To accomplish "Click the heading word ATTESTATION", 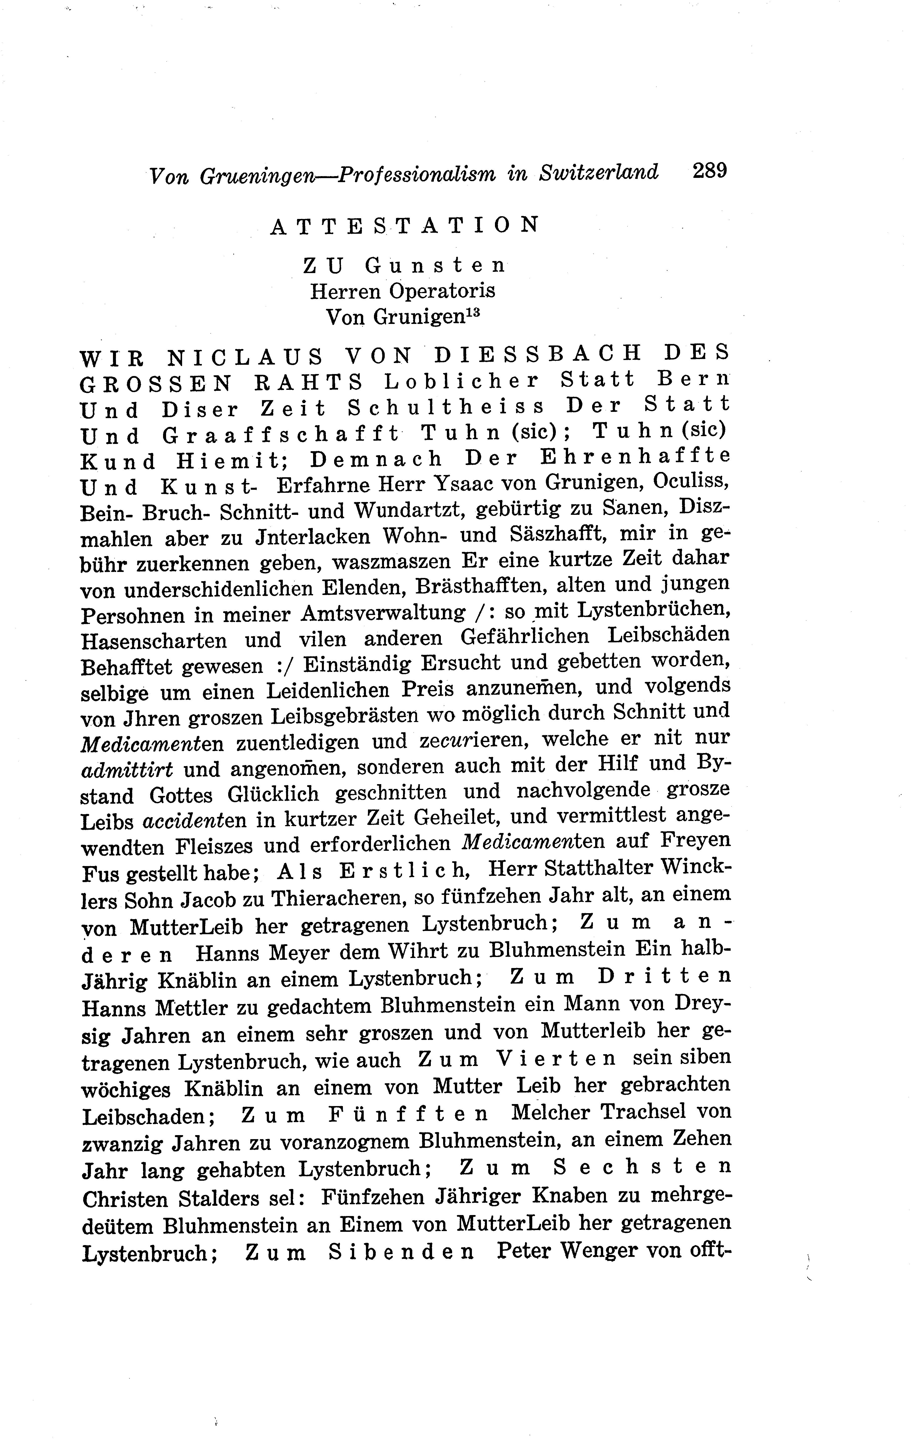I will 405,225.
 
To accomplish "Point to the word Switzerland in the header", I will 599,173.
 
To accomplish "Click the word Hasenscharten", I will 154,641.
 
